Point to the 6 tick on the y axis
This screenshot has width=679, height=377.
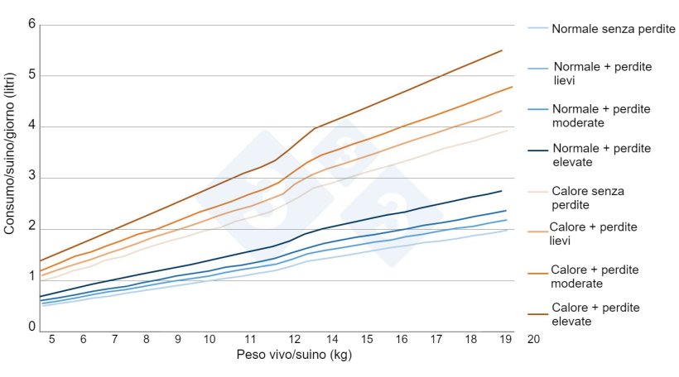pyautogui.click(x=31, y=24)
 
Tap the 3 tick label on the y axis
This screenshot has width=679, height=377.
pyautogui.click(x=31, y=177)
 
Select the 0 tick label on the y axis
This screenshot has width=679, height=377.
pyautogui.click(x=31, y=327)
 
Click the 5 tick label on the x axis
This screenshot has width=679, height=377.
pyautogui.click(x=51, y=339)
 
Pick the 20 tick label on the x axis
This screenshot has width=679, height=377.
pyautogui.click(x=533, y=339)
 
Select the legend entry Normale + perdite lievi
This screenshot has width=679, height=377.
pyautogui.click(x=600, y=74)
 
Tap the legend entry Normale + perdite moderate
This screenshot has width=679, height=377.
pyautogui.click(x=600, y=116)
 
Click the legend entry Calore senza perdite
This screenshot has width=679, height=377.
pyautogui.click(x=587, y=198)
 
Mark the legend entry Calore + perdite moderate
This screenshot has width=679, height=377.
pyautogui.click(x=595, y=276)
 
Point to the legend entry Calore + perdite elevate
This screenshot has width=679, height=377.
pyautogui.click(x=595, y=314)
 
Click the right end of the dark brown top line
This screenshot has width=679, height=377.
pyautogui.click(x=502, y=50)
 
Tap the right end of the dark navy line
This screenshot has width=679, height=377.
pyautogui.click(x=502, y=191)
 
